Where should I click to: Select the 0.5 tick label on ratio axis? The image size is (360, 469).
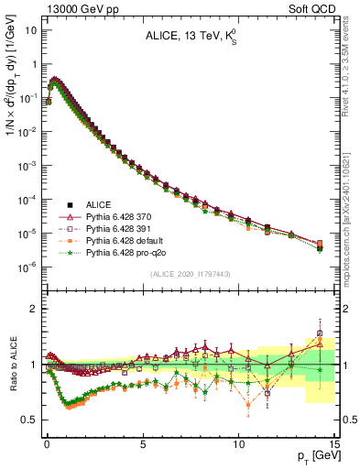(x=29, y=420)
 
